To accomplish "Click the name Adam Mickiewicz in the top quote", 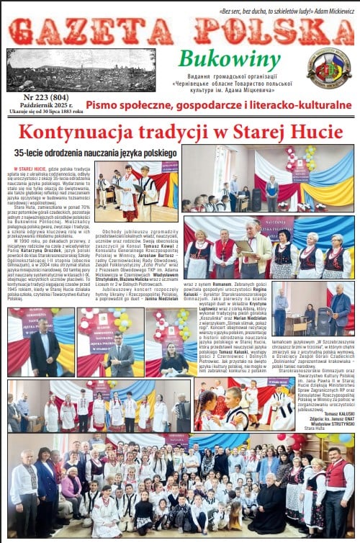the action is [330, 11].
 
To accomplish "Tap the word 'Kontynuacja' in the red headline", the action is [80, 132].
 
